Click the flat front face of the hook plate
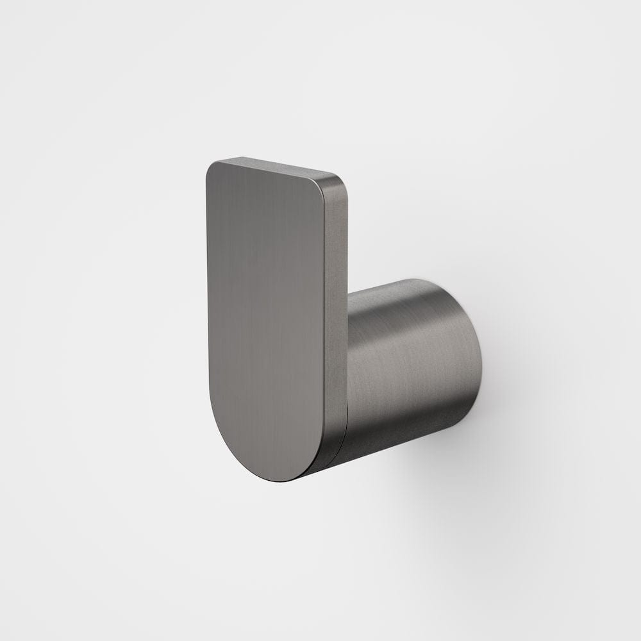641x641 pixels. coord(266,308)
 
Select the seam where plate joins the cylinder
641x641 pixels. coord(347,385)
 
